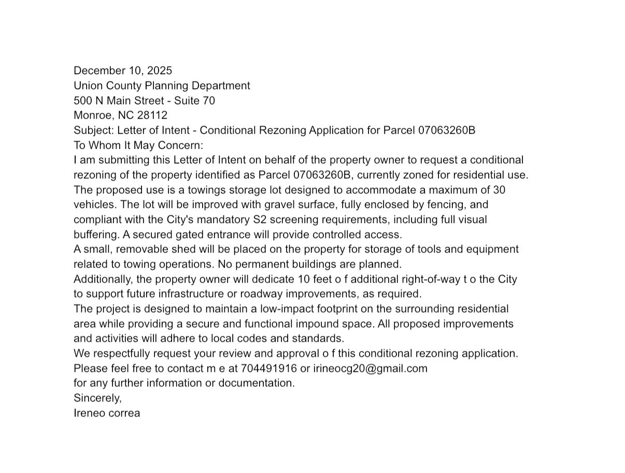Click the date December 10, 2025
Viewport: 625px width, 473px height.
123,71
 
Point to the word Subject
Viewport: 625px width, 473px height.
93,130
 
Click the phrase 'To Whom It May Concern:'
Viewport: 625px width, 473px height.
138,145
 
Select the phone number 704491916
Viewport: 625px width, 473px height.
269,369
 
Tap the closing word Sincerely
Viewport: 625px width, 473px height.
97,398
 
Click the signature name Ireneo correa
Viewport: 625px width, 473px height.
107,413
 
